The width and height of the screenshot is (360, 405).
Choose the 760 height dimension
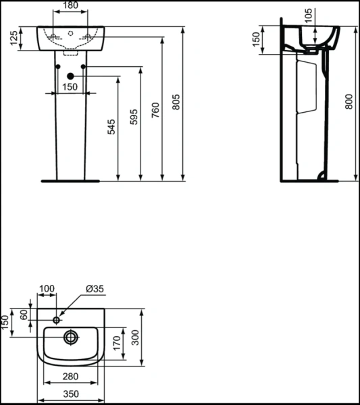(x=156, y=109)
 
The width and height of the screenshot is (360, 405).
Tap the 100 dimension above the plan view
(x=47, y=289)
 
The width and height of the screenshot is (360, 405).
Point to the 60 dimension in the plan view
(x=24, y=315)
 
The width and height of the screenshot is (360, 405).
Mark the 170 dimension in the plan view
(x=115, y=342)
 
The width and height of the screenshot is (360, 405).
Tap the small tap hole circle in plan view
(x=58, y=317)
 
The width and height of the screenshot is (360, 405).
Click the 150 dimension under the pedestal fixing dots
(x=70, y=87)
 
